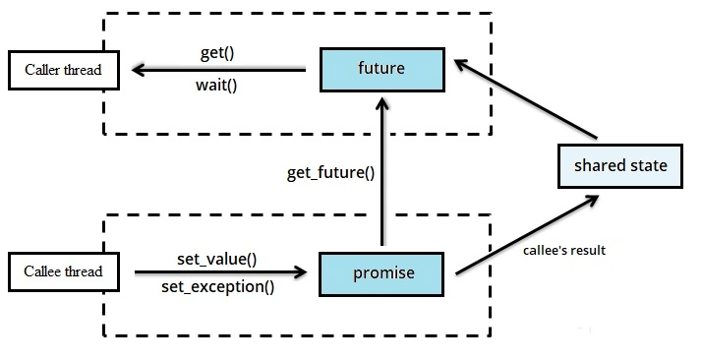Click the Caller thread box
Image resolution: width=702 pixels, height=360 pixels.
64,70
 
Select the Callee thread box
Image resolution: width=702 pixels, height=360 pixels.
64,271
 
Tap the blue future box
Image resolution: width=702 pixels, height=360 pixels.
382,70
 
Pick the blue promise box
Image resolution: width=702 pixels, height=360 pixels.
381,274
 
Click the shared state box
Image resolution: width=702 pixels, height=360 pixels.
620,166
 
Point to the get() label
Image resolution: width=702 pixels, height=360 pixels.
217,53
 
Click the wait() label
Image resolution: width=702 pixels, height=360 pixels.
216,85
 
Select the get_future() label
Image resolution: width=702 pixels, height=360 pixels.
331,173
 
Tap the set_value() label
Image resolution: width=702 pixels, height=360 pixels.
217,260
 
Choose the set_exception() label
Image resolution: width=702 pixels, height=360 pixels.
218,287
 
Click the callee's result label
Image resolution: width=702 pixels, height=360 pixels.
564,250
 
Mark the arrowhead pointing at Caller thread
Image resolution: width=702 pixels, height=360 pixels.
137,70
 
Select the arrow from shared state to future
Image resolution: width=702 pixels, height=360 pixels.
526,98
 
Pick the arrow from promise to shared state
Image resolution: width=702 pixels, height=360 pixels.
527,234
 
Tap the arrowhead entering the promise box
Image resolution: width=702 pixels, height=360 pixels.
301,271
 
